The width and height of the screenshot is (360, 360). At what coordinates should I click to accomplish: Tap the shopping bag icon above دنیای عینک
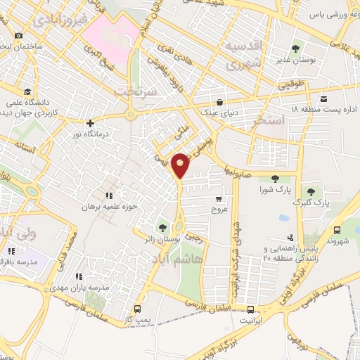221,101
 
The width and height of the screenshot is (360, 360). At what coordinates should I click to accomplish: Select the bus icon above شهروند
337,229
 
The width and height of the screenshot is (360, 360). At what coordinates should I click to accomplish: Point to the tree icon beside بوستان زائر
162,227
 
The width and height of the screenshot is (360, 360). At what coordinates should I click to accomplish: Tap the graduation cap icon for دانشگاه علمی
27,91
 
